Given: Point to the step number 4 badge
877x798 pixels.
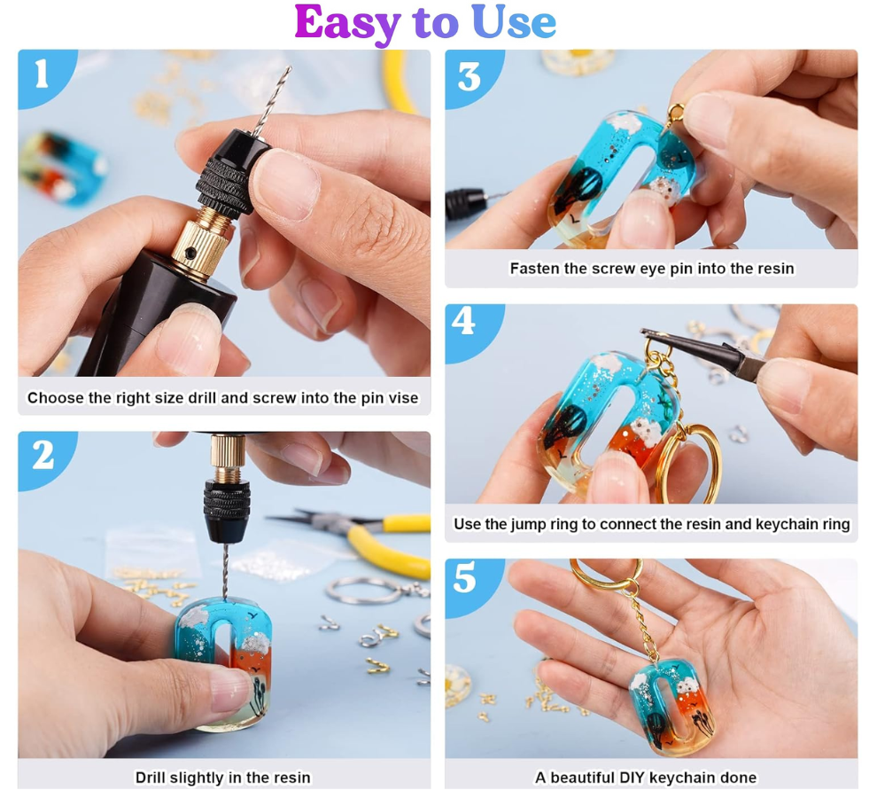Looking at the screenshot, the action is [463, 322].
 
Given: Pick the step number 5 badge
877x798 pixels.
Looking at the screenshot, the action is [464, 577].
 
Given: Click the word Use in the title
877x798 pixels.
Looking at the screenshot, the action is [514, 22].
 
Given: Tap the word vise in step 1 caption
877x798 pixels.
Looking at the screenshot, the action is [404, 397].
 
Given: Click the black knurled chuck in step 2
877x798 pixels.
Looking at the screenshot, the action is [226, 511].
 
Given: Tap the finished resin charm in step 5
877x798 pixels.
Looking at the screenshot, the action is [671, 707].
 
